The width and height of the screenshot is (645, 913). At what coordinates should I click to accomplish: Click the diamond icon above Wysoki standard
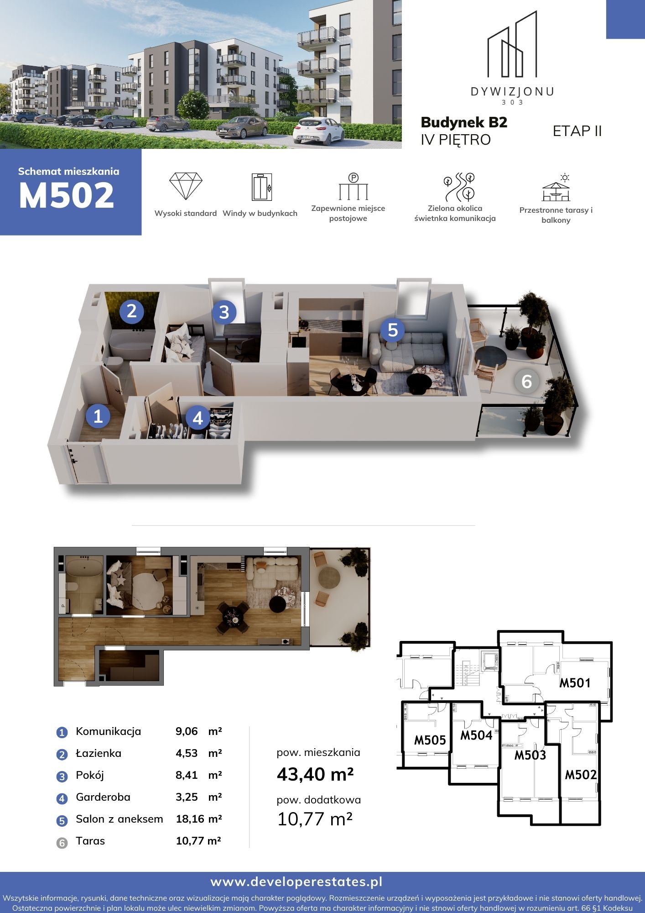click(186, 186)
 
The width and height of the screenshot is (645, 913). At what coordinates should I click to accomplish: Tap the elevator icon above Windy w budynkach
click(262, 187)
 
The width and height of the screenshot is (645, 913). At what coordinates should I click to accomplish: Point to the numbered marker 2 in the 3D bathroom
click(132, 311)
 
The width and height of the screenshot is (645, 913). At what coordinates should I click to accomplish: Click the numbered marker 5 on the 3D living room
click(393, 330)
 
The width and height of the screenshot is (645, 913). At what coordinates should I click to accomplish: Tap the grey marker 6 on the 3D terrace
click(526, 381)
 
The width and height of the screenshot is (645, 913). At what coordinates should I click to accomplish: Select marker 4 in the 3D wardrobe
click(198, 418)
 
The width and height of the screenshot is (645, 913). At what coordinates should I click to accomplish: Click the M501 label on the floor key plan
click(575, 683)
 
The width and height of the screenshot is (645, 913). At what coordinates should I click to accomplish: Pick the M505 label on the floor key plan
click(430, 740)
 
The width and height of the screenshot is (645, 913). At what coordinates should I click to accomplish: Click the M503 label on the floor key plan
click(530, 755)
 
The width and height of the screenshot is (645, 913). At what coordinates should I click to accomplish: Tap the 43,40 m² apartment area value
click(315, 774)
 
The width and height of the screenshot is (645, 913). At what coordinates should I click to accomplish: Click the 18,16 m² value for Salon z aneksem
click(199, 819)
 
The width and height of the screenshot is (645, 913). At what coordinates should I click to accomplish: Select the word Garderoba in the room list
click(103, 797)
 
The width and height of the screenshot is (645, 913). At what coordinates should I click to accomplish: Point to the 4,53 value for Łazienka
click(187, 753)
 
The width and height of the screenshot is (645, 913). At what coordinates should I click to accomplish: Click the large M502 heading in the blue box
click(67, 195)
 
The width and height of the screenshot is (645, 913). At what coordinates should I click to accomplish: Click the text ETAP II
click(577, 131)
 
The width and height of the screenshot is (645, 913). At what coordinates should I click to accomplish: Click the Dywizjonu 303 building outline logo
click(512, 44)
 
